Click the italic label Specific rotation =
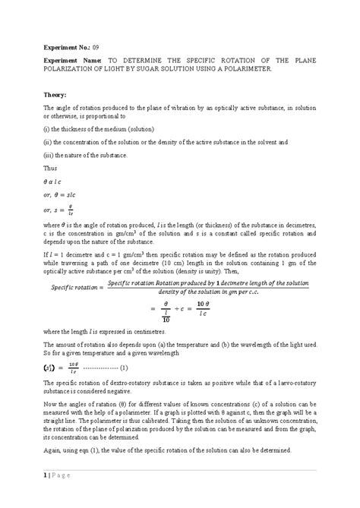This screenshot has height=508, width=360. [x=74, y=287]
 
